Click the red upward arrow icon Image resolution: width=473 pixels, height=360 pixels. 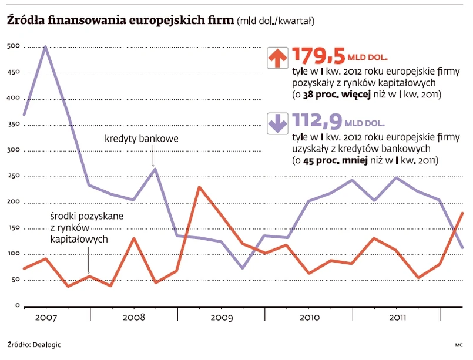pyautogui.click(x=277, y=57)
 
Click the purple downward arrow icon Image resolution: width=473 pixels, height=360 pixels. pyautogui.click(x=277, y=122)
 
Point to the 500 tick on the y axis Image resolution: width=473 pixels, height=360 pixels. pyautogui.click(x=13, y=46)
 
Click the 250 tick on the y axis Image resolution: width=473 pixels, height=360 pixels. pyautogui.click(x=13, y=176)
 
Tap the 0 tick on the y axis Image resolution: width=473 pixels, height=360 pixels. pyautogui.click(x=18, y=306)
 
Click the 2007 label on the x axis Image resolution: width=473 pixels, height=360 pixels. pyautogui.click(x=46, y=318)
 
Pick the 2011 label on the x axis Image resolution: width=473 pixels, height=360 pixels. pyautogui.click(x=396, y=318)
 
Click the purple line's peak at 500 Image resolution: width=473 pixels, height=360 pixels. pyautogui.click(x=46, y=47)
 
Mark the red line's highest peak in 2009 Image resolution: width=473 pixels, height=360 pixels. pyautogui.click(x=199, y=187)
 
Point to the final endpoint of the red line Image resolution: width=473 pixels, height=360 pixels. pyautogui.click(x=462, y=213)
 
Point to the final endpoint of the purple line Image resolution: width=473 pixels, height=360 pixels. pyautogui.click(x=462, y=247)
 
